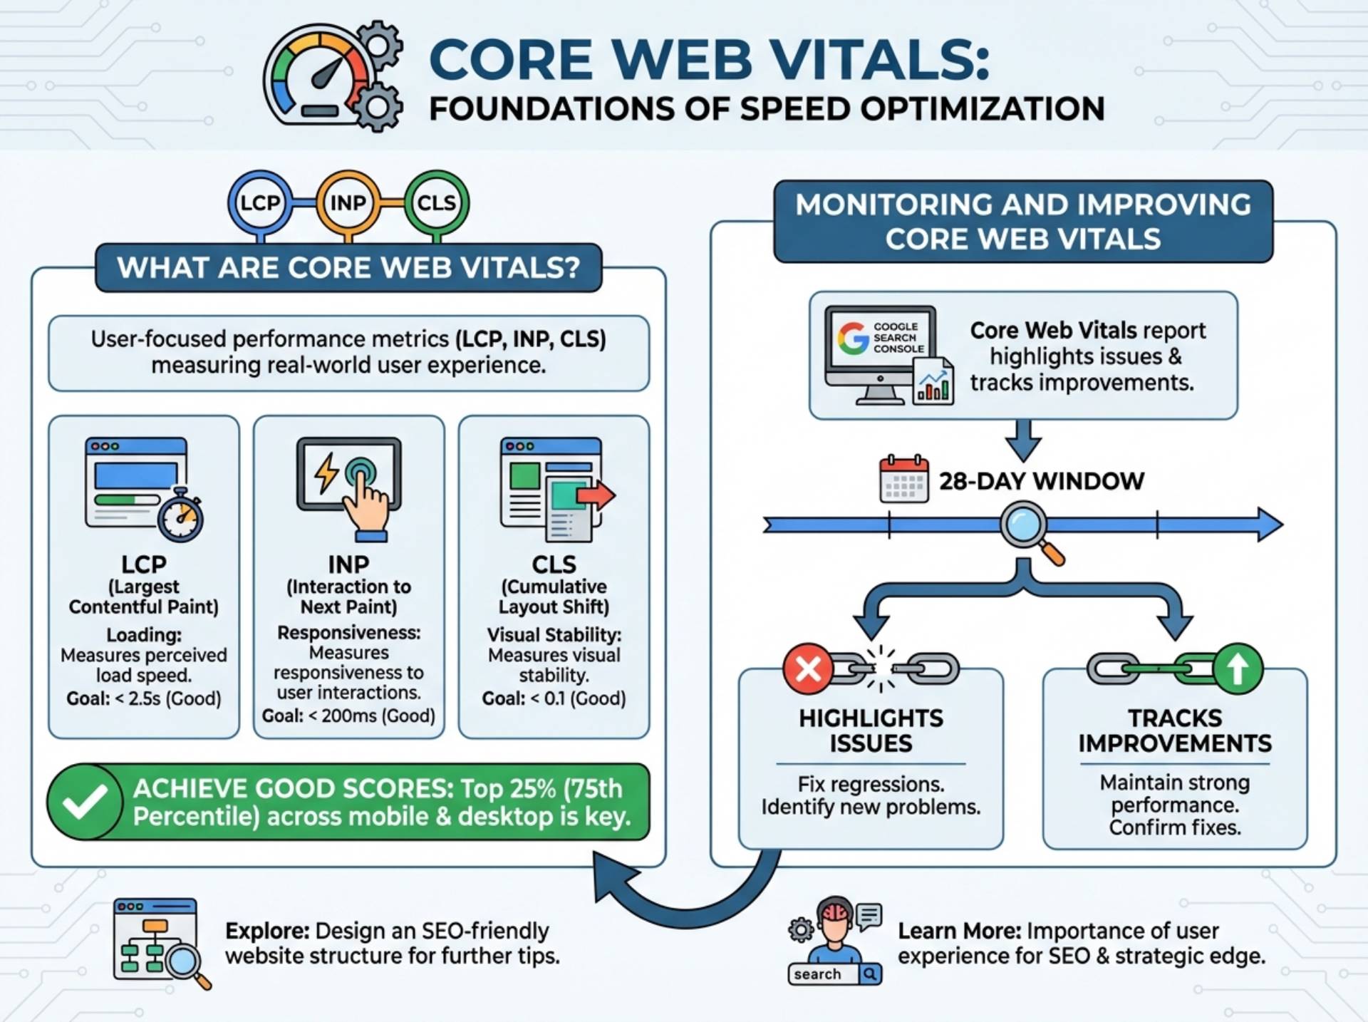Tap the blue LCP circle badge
[260, 203]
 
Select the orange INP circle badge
[348, 203]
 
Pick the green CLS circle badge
[436, 203]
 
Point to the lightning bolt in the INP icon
[326, 473]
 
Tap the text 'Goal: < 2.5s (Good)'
[144, 698]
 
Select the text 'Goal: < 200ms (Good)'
[348, 716]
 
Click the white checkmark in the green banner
[85, 802]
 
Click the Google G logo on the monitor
[852, 338]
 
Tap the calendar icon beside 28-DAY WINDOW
[903, 480]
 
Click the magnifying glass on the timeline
[1026, 527]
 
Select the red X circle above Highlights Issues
[808, 669]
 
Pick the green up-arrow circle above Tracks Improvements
[1238, 669]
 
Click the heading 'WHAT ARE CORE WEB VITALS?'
[348, 268]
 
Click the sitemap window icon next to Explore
[157, 939]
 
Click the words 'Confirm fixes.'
[1174, 827]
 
